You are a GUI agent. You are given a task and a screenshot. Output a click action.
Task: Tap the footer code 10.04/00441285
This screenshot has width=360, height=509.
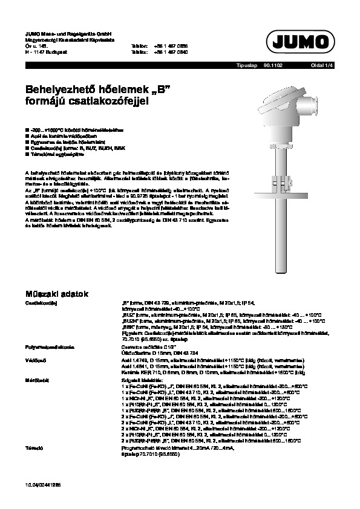42,485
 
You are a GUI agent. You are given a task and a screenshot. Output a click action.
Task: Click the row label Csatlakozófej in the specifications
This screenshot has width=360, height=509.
41,302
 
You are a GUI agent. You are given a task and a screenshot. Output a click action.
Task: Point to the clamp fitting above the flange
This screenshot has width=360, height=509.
283,180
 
